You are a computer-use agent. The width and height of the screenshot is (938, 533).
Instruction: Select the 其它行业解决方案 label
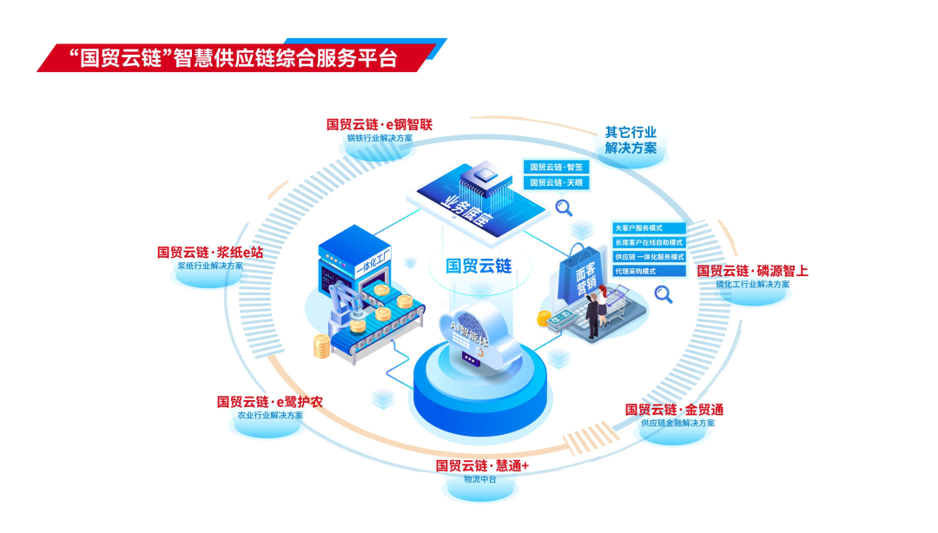[x=631, y=141]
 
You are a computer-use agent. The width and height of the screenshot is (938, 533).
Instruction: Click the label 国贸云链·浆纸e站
[x=209, y=252]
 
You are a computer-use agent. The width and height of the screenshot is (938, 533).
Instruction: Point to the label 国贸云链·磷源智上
[x=752, y=271]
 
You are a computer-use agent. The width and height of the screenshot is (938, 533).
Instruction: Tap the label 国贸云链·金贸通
[x=674, y=409]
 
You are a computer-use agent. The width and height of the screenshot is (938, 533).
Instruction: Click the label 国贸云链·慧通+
[x=482, y=465]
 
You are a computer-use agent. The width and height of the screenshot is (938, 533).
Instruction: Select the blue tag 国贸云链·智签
[x=557, y=167]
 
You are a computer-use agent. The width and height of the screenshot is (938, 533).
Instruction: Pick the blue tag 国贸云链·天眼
[x=557, y=183]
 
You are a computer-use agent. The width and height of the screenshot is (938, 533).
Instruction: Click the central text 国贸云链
[x=479, y=266]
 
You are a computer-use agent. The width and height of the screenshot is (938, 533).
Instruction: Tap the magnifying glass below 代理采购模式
[x=664, y=295]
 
